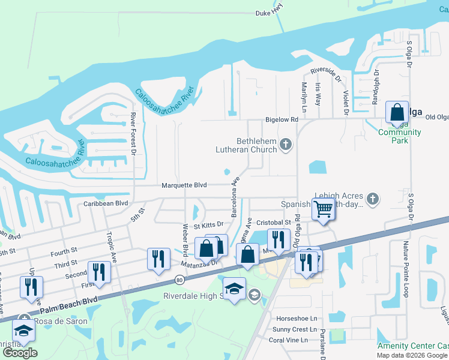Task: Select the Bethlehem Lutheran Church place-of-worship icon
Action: click(286, 144)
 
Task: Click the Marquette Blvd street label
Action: click(184, 185)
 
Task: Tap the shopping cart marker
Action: click(323, 209)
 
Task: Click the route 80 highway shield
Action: click(179, 280)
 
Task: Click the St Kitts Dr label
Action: click(208, 226)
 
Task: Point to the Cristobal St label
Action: click(273, 221)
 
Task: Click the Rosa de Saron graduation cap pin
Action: click(23, 331)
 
